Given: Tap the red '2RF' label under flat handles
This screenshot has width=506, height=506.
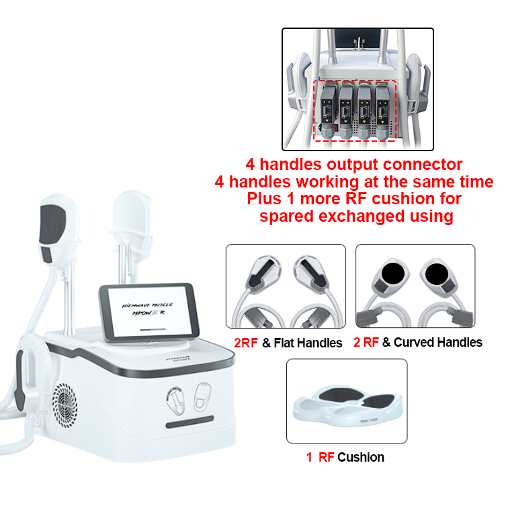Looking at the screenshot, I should (246, 343).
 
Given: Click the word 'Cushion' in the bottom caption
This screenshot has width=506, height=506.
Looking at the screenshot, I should (361, 458).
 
